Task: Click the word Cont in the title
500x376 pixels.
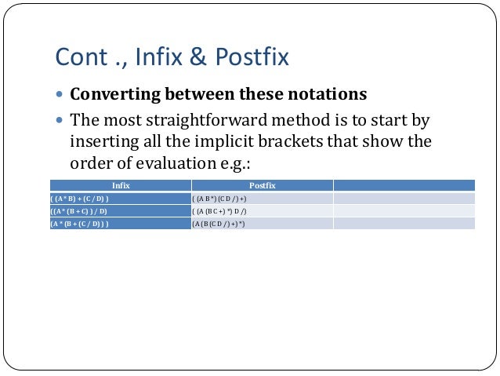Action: [78, 57]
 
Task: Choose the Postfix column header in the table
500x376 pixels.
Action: [262, 185]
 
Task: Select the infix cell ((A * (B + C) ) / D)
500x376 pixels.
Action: [79, 211]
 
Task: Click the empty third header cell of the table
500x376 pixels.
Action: [404, 185]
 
